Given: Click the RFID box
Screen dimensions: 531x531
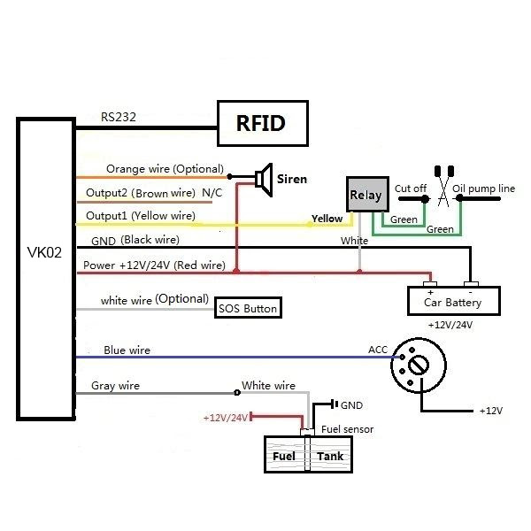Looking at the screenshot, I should [x=264, y=123].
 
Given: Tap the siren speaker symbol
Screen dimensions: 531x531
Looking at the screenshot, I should [x=262, y=178].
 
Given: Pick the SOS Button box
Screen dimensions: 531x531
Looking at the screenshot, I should [x=249, y=309].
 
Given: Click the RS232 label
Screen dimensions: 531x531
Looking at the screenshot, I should [x=118, y=115].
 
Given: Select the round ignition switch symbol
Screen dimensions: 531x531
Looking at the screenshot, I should [x=418, y=364].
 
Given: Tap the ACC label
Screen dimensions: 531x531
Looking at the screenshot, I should [x=379, y=350].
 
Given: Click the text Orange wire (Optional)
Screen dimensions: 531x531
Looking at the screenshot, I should [x=165, y=169].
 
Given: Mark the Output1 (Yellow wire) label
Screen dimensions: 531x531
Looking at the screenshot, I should [x=140, y=216].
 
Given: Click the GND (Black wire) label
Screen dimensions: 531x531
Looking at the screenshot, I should [x=134, y=240].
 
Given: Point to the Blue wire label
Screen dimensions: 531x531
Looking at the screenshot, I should [x=127, y=350].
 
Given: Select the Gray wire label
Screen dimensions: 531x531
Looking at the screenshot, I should [x=115, y=386].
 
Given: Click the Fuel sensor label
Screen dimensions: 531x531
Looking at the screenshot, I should [x=347, y=429].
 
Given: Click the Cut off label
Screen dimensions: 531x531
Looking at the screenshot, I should [x=411, y=189].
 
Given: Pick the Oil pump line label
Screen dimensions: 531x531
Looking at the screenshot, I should [x=483, y=189].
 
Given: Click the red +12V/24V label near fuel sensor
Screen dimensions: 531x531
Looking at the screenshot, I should [x=226, y=417].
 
